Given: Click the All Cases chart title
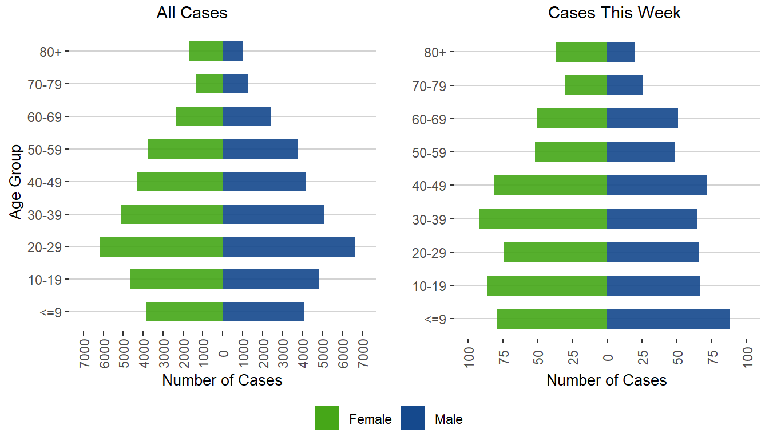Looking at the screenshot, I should tap(192, 13).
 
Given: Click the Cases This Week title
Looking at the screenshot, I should tap(614, 13).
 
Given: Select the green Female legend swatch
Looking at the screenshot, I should tap(327, 418).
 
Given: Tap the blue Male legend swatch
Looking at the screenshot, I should tap(413, 418).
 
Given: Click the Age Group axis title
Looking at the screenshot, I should tap(16, 182).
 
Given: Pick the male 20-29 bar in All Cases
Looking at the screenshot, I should tap(288, 247).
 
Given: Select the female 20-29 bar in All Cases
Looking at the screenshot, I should tap(161, 247).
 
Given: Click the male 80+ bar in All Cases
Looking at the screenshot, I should tap(232, 51).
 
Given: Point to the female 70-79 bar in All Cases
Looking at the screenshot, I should tap(209, 84).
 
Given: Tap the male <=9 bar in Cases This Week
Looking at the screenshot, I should tap(668, 319).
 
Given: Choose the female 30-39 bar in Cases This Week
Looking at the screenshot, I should tap(542, 219).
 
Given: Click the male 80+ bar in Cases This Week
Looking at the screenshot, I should tap(621, 52).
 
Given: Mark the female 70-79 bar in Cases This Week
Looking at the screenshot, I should tap(586, 85).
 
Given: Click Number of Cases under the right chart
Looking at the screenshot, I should tap(607, 380).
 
